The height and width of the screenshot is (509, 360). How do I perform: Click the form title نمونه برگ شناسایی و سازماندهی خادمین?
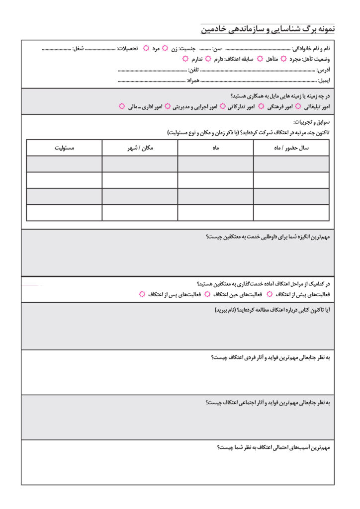268,29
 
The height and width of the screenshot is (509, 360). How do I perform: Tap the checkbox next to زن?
165,49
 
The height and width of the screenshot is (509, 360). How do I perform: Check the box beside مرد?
146,49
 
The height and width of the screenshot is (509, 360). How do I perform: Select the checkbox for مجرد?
284,59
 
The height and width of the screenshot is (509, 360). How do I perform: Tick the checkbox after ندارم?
185,59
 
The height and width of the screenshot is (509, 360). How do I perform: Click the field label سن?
217,49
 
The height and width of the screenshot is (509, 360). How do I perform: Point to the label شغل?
78,49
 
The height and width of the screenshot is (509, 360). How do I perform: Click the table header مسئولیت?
64,148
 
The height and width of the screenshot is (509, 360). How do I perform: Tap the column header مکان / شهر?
140,148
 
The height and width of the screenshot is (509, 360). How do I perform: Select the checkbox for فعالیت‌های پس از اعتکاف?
142,294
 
